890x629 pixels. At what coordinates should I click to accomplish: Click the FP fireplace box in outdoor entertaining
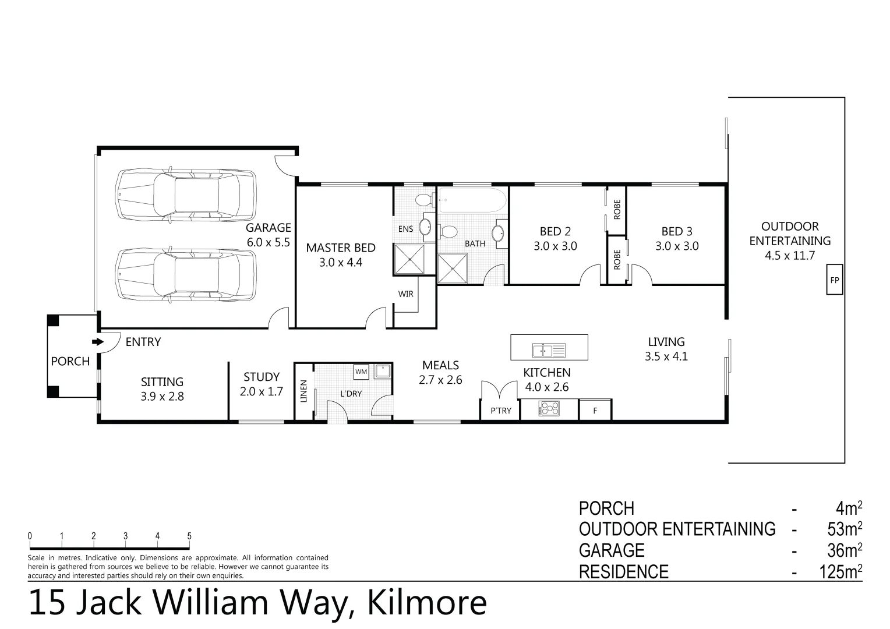coord(835,280)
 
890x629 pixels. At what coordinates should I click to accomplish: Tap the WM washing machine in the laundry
coord(361,371)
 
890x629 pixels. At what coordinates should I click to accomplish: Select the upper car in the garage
coord(186,195)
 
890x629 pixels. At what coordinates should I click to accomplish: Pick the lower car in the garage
coord(186,274)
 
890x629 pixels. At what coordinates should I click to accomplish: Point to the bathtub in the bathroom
coord(472,200)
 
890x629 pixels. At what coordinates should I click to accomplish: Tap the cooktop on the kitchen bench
coord(549,409)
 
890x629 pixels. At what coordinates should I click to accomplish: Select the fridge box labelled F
coord(595,411)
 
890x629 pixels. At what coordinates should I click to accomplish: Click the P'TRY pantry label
coord(500,411)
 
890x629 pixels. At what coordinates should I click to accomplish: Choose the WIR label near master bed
coord(406,294)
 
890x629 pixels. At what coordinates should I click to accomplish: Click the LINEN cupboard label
coord(303,391)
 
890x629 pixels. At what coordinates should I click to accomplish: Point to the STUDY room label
coord(262,377)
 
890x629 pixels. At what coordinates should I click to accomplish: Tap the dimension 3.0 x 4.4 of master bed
coord(341,263)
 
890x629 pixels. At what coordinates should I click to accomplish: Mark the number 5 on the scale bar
coord(189,536)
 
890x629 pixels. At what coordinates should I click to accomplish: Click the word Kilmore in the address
coord(426,603)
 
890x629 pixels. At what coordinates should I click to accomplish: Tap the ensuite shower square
coord(415,259)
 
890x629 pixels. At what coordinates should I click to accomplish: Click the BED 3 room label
coord(677,232)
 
